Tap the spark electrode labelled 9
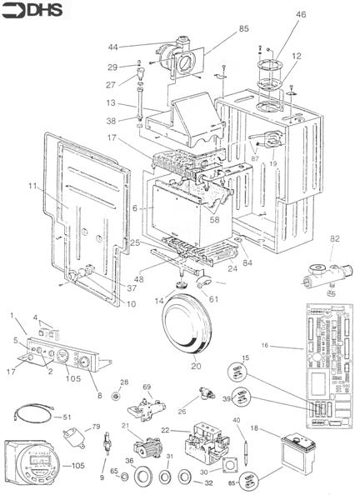click(106, 454)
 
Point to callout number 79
click(96, 427)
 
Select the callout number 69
click(147, 387)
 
